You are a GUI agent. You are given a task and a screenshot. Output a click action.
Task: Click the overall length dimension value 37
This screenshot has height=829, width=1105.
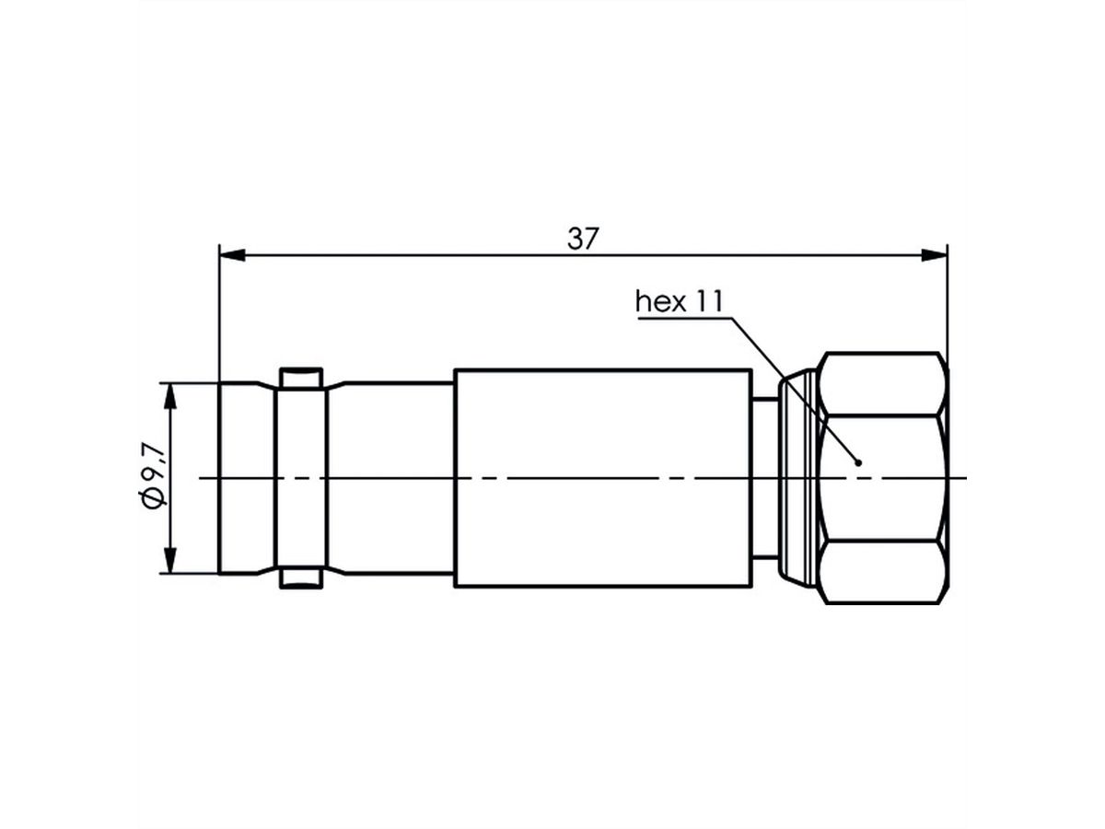582,239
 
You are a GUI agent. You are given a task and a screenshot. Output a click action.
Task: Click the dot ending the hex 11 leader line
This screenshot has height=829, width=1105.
858,462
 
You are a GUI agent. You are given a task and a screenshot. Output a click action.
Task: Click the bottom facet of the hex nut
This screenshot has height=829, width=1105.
882,571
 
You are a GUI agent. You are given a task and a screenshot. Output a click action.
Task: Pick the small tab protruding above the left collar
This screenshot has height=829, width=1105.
301,377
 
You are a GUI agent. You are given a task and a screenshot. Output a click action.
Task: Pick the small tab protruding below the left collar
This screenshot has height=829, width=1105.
301,579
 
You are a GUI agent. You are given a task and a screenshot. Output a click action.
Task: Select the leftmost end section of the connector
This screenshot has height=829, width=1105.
246,477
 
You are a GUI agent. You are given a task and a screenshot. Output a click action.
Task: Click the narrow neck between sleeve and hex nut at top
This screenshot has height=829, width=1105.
764,400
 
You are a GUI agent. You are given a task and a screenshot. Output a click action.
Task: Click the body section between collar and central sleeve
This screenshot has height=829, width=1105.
391,477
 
